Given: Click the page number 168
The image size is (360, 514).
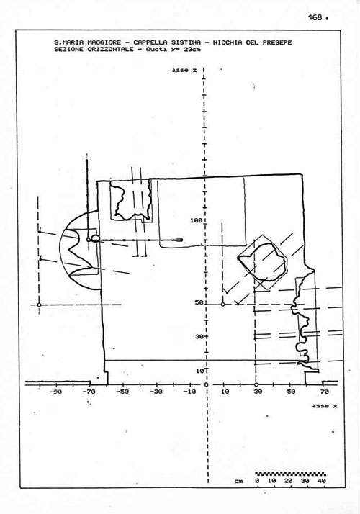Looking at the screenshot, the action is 315,17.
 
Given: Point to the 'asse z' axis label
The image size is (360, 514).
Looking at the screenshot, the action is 184,70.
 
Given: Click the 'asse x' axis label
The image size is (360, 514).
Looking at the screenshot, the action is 325,406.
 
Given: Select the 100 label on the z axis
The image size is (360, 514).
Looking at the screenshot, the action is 196,220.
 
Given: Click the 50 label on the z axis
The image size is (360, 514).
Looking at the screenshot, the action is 199,302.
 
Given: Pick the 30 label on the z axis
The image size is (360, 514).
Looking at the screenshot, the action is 199,337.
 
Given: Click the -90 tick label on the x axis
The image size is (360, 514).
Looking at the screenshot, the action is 55,392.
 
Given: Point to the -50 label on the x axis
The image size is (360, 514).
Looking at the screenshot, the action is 122,392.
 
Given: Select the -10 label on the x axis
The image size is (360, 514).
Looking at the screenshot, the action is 189,392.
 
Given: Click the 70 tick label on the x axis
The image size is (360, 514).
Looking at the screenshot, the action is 324,392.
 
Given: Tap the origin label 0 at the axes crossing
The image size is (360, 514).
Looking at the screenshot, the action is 206,385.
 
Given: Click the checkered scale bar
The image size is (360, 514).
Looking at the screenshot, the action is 290,474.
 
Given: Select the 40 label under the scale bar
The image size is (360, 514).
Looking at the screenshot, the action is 322,481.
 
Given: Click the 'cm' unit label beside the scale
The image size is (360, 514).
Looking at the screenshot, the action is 239,481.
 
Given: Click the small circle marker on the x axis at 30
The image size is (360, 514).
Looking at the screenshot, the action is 256,384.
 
